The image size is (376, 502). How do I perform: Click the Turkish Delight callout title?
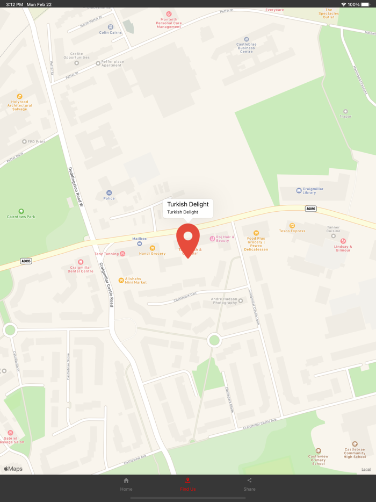(187, 204)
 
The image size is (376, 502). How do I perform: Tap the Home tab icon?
(126, 481)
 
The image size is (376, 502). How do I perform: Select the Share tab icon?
(249, 481)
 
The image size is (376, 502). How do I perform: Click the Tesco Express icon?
(292, 226)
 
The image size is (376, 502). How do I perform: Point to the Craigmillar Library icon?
(299, 190)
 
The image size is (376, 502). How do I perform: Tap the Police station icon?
(109, 192)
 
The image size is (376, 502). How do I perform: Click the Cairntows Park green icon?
(21, 211)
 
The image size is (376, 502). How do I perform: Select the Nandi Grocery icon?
(152, 248)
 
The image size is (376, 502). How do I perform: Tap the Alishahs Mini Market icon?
(121, 280)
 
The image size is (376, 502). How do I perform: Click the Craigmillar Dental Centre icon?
(81, 262)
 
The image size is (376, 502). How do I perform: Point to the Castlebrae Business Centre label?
(246, 48)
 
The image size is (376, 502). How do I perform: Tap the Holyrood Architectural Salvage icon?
(20, 96)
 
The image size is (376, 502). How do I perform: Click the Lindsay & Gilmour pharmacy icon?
(343, 241)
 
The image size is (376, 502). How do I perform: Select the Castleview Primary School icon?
(319, 451)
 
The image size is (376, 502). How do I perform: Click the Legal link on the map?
(366, 469)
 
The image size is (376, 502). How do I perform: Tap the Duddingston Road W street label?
(76, 187)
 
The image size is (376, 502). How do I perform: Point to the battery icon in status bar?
(365, 4)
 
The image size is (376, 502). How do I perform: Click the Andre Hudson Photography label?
(224, 300)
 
